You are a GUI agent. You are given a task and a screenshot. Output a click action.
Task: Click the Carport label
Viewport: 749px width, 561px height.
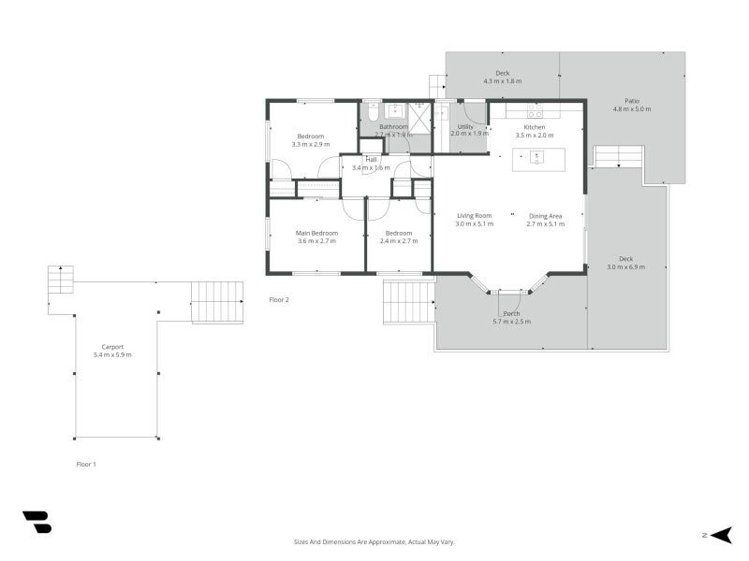[x=112, y=347]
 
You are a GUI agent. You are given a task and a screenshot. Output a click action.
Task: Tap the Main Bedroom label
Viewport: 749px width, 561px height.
[x=316, y=233]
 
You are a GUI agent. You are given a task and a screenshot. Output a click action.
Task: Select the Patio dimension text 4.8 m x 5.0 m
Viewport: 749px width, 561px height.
[x=631, y=109]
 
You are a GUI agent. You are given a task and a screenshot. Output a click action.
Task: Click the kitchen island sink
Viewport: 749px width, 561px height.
[x=536, y=156]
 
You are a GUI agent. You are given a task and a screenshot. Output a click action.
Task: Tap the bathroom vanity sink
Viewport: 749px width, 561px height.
[x=394, y=110]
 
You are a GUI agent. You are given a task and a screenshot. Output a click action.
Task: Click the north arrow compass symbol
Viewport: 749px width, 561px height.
[x=719, y=535]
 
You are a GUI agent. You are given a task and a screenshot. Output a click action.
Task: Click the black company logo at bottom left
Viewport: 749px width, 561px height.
[x=37, y=522]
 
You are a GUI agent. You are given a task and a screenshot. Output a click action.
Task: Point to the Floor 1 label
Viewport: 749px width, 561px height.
[x=86, y=464]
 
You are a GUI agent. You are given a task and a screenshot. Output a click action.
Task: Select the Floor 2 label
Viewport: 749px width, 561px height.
[x=279, y=300]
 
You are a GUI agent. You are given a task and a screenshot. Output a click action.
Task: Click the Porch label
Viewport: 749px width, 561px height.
[x=511, y=313]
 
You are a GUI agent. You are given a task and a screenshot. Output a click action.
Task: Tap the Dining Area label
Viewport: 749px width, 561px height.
[x=545, y=216]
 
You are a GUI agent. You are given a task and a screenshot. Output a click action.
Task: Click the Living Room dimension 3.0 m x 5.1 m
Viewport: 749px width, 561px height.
[x=474, y=224]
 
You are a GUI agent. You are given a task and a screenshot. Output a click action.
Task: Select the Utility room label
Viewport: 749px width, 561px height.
[x=465, y=126]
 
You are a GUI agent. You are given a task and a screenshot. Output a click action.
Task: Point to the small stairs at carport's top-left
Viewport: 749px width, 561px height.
[x=61, y=280]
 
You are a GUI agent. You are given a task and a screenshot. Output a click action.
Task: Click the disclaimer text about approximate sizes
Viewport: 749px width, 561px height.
[x=374, y=541]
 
